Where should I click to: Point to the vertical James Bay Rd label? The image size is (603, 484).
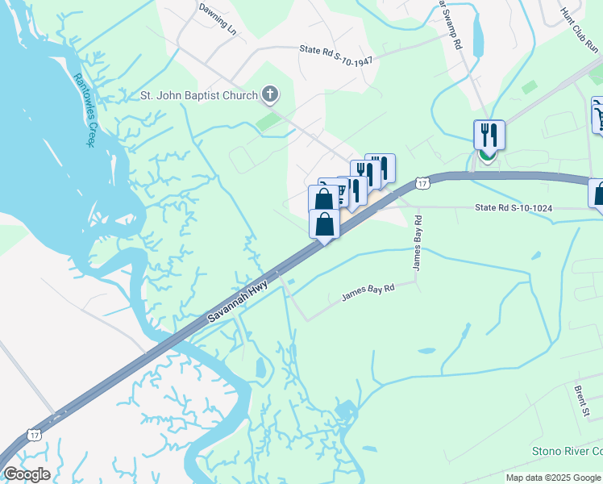coord(418,243)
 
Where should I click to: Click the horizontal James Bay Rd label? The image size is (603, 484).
coord(367,292)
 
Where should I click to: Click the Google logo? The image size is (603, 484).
coord(27,474)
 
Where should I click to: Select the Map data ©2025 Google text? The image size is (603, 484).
coord(553,478)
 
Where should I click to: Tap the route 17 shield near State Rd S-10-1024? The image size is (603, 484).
coord(422,185)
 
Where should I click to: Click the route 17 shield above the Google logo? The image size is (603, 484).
coord(34,435)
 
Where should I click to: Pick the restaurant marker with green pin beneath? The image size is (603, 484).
coord(489,134)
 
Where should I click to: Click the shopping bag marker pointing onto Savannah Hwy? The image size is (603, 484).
coord(324,224)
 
